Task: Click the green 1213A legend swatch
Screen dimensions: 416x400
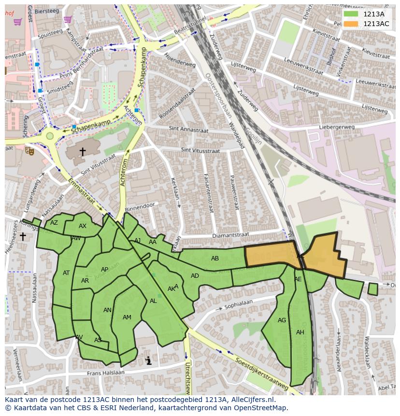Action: coord(351,14)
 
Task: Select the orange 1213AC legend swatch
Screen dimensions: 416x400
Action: coord(351,24)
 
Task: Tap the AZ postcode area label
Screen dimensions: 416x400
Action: coord(54,223)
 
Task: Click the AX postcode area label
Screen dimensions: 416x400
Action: coord(83,226)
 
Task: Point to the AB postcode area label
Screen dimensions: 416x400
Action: coord(215,258)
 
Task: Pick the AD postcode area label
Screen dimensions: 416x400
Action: coord(195,276)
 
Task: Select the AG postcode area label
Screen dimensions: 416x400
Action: coord(282,320)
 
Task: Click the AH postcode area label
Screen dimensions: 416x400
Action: coord(300,332)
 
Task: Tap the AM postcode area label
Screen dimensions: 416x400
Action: coord(127,317)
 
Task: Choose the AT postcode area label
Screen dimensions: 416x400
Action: coord(66,273)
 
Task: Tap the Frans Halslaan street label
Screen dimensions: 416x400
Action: coord(105,373)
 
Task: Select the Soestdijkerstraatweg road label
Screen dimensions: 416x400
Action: coord(261,373)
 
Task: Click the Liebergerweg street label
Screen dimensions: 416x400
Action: coord(337,128)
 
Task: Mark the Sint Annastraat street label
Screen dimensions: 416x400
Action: coord(188,129)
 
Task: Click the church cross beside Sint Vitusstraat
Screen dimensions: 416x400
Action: coord(82,152)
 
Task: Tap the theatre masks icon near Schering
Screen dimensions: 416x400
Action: coord(29,151)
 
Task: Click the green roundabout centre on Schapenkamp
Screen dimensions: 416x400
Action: coord(50,136)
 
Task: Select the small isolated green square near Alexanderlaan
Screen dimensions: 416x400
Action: coord(372,289)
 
